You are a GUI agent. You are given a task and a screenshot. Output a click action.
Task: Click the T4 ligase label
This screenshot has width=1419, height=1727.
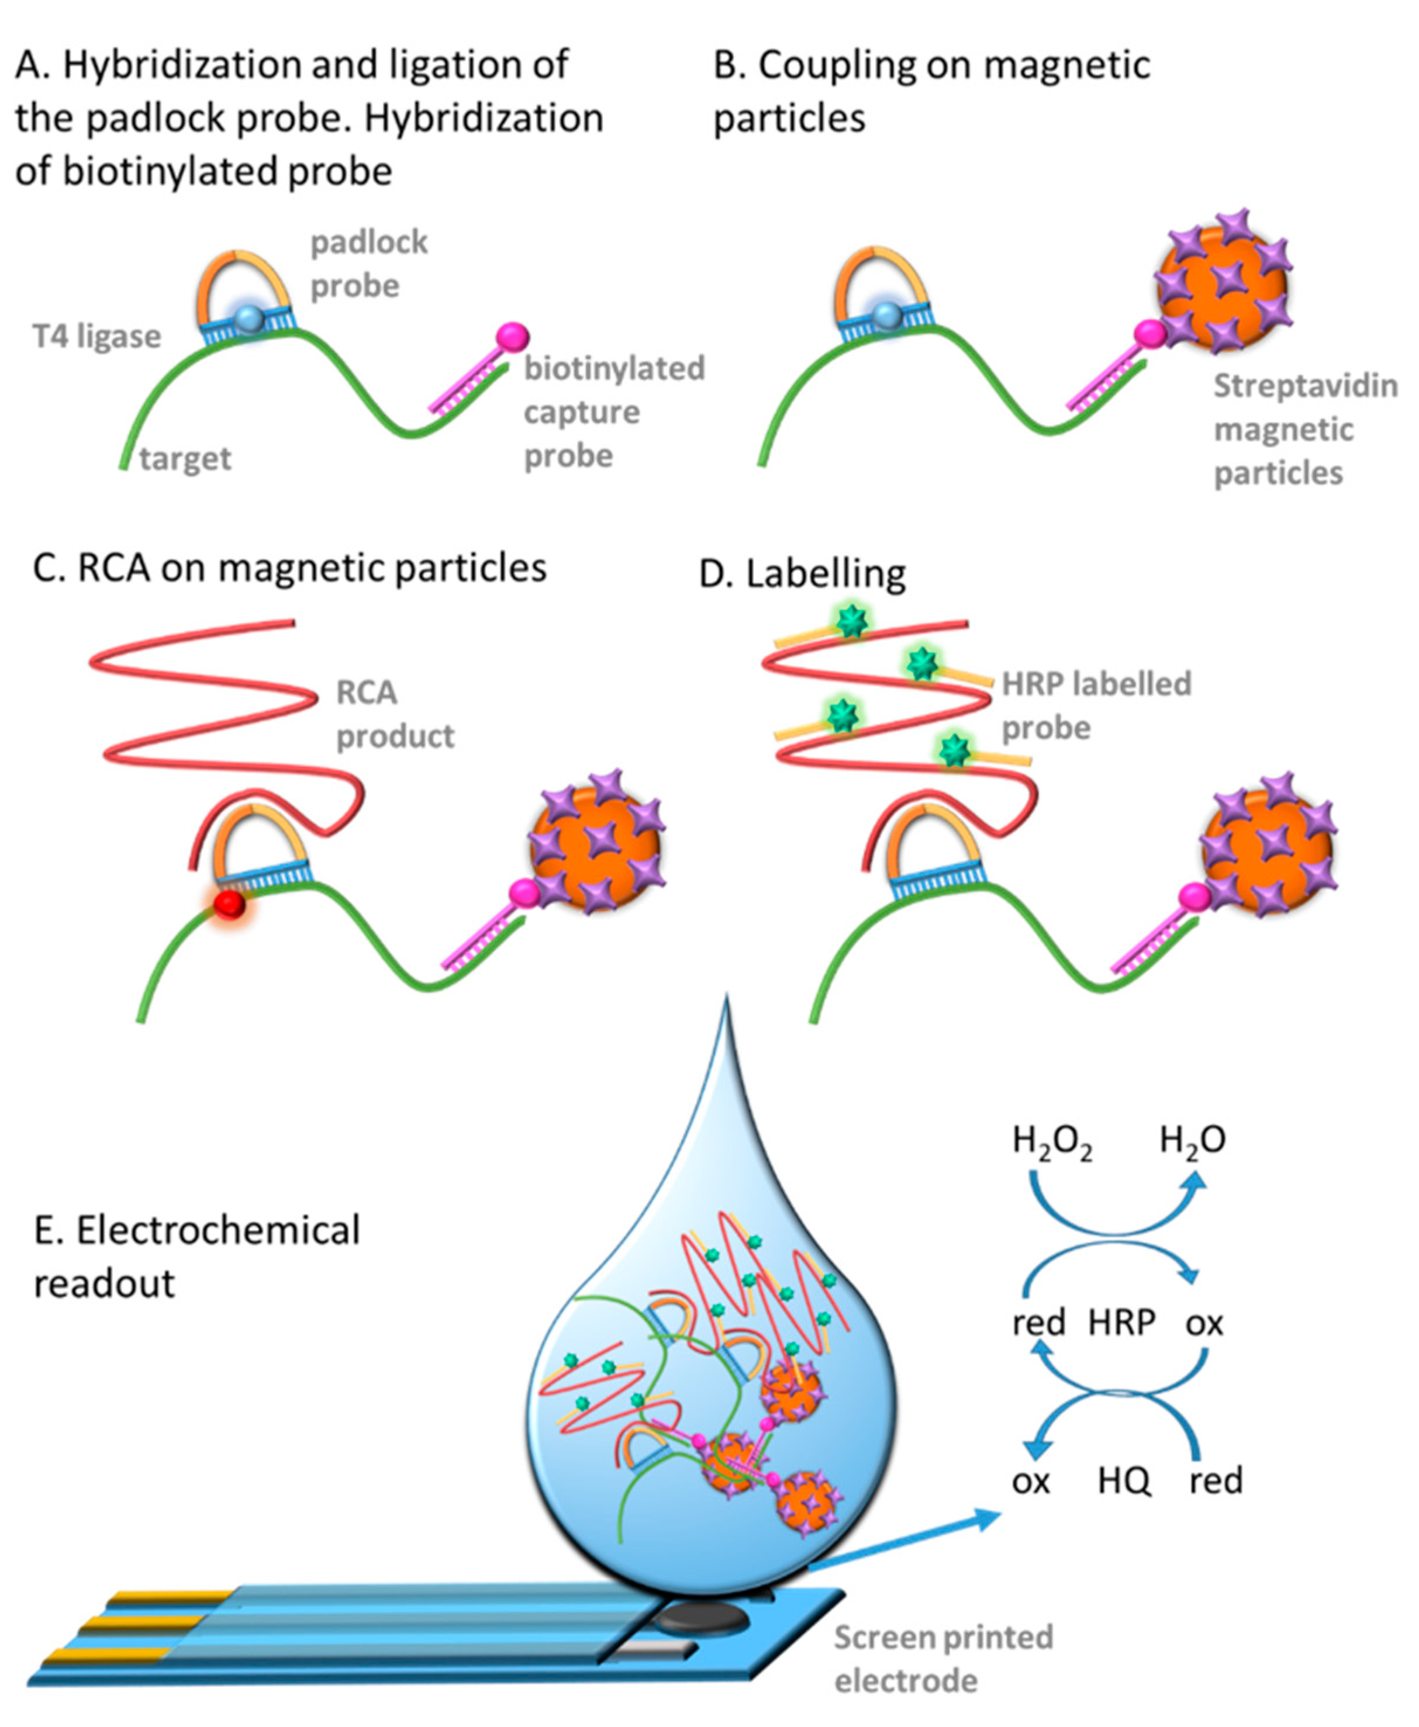tap(96, 336)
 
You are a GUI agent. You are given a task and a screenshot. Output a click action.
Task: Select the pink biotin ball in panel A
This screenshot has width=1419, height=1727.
tap(513, 337)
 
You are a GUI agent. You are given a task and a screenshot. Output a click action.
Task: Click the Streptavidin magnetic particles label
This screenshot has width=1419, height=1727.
tap(1304, 429)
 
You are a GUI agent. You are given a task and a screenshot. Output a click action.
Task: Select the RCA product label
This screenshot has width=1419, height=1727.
tap(394, 714)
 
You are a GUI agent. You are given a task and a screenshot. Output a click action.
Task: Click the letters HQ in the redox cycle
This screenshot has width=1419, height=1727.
tap(1124, 1480)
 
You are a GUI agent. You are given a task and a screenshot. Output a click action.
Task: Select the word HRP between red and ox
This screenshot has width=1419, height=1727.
tap(1121, 1322)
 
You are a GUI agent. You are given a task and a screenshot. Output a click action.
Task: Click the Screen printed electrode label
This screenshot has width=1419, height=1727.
tap(942, 1659)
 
